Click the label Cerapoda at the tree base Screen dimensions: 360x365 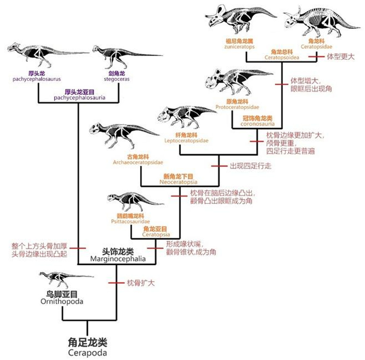coord(88,353)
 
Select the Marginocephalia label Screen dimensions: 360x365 coord(118,259)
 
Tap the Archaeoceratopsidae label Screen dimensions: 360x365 coord(138,162)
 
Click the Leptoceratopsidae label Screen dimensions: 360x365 coord(185,140)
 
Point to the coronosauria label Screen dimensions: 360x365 coord(257,124)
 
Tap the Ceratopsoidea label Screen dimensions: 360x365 coord(282,58)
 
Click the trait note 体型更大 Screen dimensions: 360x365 coord(340,57)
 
